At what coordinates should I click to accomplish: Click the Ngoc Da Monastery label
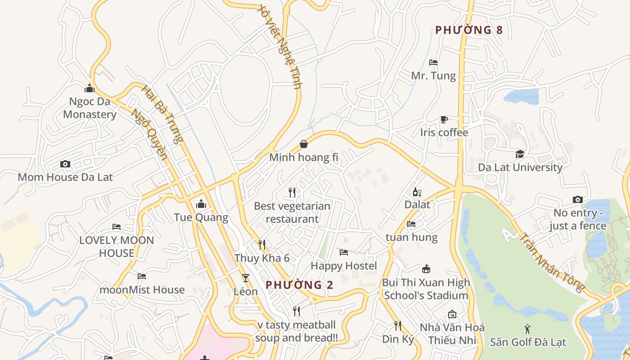(x=90, y=108)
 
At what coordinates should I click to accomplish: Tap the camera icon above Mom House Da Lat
(x=65, y=164)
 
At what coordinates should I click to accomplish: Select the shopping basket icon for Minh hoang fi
(x=304, y=144)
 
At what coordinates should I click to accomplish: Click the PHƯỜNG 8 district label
(x=468, y=30)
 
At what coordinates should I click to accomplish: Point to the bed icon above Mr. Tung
(x=433, y=62)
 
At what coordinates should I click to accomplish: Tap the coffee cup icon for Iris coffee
(x=444, y=119)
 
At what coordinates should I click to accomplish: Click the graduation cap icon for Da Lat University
(x=520, y=154)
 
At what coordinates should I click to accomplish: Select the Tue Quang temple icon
(x=201, y=204)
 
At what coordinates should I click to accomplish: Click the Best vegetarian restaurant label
(x=292, y=212)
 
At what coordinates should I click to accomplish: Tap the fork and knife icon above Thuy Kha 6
(x=262, y=245)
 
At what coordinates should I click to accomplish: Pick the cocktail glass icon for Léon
(x=246, y=278)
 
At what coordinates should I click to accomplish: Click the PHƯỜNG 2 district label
(x=300, y=285)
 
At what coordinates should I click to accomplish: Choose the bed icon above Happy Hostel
(x=344, y=252)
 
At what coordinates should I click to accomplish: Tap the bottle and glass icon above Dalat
(x=417, y=192)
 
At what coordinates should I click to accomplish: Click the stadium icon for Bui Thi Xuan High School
(x=426, y=269)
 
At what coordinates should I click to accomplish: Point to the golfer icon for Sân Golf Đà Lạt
(x=527, y=329)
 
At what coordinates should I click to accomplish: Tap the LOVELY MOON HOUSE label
(x=117, y=247)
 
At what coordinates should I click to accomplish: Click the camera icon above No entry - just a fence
(x=578, y=199)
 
